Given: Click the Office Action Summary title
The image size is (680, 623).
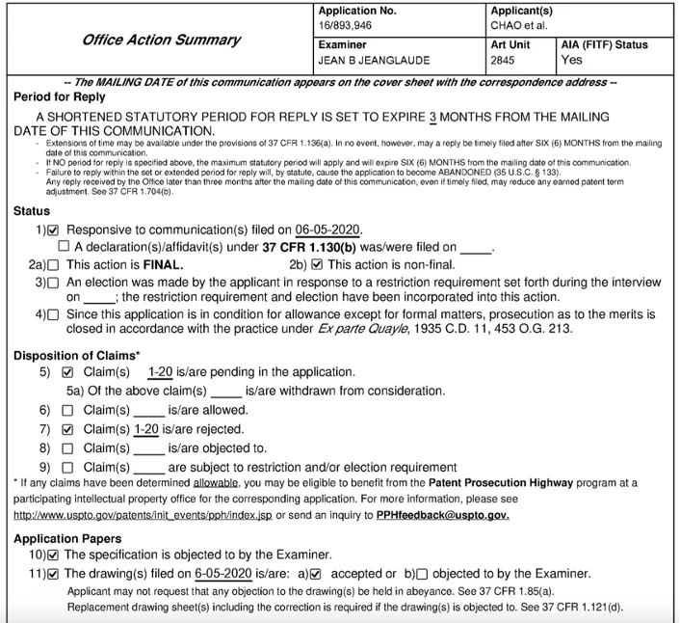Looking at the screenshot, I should point(161,41).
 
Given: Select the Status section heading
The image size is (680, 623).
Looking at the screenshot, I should point(32,211).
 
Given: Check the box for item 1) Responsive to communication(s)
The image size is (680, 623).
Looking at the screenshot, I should point(53,230).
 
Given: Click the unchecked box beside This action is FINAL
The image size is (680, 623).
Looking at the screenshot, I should point(53,264).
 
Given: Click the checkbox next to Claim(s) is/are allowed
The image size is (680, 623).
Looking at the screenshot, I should point(66,410).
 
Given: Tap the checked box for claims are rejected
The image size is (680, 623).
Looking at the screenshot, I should point(66,429).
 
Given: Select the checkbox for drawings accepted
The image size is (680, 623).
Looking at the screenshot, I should point(315,574).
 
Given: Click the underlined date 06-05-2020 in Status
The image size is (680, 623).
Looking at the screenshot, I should point(327,230).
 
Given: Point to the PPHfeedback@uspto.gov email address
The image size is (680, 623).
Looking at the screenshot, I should point(443,514).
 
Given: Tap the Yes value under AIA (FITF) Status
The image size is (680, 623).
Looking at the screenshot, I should point(572,60).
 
